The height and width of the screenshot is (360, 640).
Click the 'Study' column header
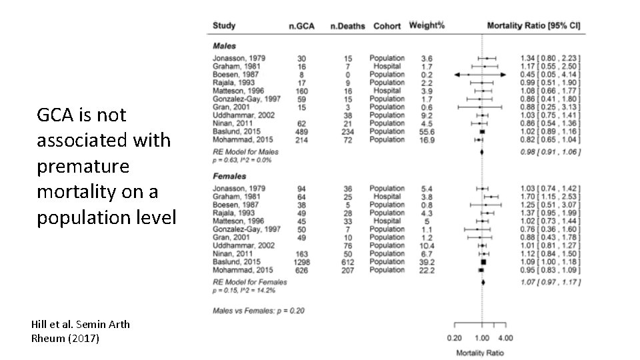coord(224,25)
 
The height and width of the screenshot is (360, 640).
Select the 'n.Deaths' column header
coord(347,26)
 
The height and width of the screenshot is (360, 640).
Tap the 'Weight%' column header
coord(427,25)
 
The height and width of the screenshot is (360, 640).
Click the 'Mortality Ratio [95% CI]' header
coord(533,25)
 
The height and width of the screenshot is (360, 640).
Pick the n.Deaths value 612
coord(347,262)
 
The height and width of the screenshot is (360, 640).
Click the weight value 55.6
coord(427,131)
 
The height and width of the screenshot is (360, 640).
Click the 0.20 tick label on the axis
coord(455,337)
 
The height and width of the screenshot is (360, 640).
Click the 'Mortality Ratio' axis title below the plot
coord(480,351)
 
